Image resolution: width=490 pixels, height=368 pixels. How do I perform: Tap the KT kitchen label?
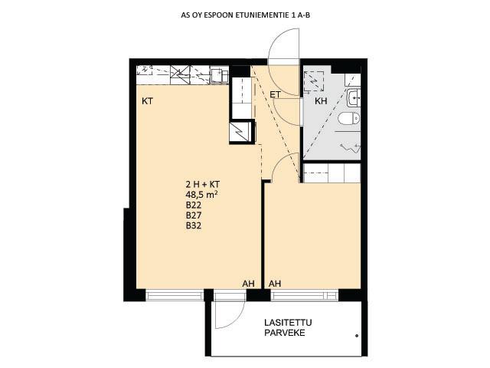148,101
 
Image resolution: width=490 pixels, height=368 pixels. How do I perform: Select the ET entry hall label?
275,95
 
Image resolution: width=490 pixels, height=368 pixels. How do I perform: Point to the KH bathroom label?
321,101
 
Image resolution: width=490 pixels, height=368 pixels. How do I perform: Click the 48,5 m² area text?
201,195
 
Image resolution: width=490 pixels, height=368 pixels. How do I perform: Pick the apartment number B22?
194,205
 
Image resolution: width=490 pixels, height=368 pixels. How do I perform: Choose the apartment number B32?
194,225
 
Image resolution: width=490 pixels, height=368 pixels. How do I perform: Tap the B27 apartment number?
194,215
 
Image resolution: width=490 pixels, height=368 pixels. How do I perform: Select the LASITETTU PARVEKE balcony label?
288,327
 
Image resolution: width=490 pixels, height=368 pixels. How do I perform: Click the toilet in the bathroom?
349,118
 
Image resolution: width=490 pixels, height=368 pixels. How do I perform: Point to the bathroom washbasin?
354,98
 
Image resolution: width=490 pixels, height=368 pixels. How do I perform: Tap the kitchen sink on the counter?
220,75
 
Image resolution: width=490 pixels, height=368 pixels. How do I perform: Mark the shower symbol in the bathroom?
351,146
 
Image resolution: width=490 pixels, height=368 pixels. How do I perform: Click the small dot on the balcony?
357,336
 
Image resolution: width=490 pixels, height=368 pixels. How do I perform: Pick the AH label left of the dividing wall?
248,284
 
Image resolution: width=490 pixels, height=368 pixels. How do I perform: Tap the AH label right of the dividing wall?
275,284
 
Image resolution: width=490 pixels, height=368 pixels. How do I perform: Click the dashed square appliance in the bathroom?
314,81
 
